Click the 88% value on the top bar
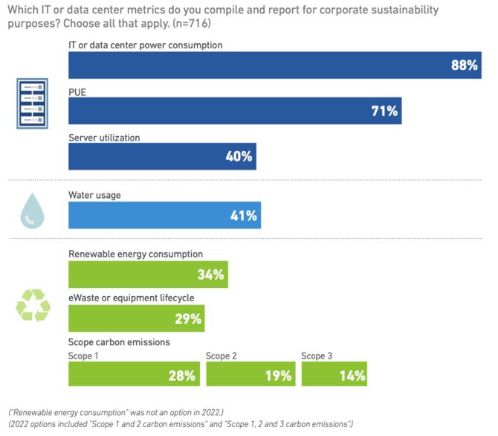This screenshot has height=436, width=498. (464, 65)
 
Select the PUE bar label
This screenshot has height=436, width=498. (78, 92)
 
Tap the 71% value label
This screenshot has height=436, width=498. (385, 112)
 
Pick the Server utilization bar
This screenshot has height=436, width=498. (162, 156)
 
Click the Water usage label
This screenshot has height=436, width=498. (94, 195)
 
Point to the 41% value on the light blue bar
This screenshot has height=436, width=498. (243, 216)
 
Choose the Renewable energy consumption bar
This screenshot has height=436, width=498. (148, 275)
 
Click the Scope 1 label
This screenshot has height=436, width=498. (83, 356)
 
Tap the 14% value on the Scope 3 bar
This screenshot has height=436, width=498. (353, 376)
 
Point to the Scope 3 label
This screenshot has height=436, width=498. (317, 356)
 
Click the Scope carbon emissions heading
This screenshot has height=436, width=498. (119, 342)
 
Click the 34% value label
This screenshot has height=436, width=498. (210, 275)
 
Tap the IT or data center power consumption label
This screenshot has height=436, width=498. (146, 45)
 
